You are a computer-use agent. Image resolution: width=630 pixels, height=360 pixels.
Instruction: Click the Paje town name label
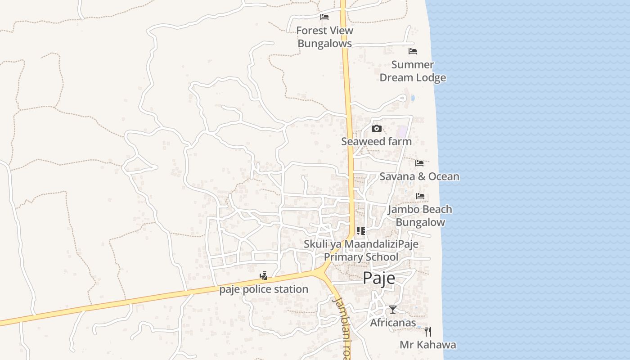pos(379,278)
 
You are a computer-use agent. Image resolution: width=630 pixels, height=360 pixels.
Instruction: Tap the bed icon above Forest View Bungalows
pos(324,17)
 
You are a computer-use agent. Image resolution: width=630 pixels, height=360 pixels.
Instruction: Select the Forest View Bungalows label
pos(324,37)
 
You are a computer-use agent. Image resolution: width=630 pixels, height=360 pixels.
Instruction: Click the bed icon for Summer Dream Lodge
pos(412,51)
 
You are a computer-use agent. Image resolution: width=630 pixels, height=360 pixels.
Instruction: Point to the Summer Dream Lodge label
pos(413,71)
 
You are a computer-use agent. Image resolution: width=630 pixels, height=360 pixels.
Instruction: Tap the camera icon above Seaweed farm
pos(377,129)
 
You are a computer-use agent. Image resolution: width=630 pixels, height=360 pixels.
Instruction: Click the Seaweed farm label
pos(376,141)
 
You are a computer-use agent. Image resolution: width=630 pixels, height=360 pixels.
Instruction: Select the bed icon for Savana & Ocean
pos(419,163)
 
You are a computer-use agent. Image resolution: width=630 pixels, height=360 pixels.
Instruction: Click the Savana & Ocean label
pos(419,176)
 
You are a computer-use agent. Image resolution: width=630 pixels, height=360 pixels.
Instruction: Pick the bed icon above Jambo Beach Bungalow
pos(420,196)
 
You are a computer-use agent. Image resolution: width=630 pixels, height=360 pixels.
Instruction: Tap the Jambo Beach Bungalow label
pos(420,216)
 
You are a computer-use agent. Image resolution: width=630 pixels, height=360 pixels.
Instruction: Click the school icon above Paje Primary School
pos(361,231)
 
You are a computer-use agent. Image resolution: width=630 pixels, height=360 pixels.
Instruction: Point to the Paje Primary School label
pos(361,251)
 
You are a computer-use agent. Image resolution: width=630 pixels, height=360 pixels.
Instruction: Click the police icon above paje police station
pos(264,275)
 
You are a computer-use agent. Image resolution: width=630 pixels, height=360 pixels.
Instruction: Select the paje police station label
pos(264,289)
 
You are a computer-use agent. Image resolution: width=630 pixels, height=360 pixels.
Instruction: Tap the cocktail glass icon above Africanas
pos(393,310)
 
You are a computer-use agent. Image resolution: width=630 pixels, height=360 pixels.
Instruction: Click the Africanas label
pos(393,323)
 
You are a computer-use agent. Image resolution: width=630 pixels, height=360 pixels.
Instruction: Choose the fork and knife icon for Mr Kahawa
pos(428,332)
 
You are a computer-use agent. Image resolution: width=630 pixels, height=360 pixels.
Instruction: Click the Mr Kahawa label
pos(428,345)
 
